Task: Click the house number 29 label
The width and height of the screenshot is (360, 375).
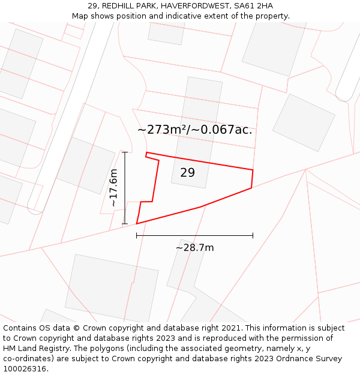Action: pyautogui.click(x=187, y=173)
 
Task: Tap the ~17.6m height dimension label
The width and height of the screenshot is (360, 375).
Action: pyautogui.click(x=113, y=188)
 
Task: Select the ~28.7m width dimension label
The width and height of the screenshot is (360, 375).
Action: pyautogui.click(x=194, y=247)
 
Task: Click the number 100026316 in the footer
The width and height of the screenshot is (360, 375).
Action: pyautogui.click(x=23, y=369)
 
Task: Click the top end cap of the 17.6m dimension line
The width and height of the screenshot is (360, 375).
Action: pyautogui.click(x=125, y=152)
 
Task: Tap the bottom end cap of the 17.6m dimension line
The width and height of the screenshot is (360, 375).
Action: pyautogui.click(x=125, y=224)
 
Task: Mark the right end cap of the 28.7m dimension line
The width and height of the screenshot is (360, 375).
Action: pyautogui.click(x=253, y=235)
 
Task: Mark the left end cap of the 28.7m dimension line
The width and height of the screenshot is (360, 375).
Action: pyautogui.click(x=137, y=235)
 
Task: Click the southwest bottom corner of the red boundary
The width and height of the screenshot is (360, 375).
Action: pyautogui.click(x=137, y=224)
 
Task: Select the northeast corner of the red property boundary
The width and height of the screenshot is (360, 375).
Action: pyautogui.click(x=253, y=170)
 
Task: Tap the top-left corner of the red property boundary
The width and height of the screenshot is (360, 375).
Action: pyautogui.click(x=146, y=152)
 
